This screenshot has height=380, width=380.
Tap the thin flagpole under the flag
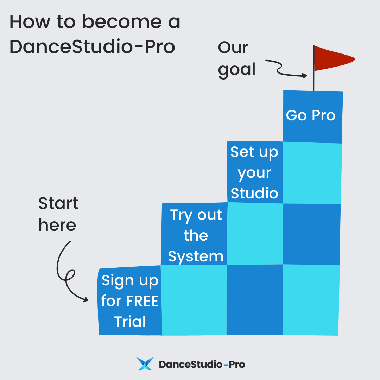[x=313, y=81]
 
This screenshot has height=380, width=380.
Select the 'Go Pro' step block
[x=312, y=116]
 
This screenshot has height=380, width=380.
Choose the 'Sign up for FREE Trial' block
[x=129, y=301]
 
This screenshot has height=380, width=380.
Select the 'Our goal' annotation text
[x=236, y=58]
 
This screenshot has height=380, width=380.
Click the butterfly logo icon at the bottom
[x=145, y=364]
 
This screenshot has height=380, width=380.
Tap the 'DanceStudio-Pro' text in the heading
[x=92, y=46]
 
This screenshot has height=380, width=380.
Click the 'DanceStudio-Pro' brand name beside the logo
[x=202, y=364]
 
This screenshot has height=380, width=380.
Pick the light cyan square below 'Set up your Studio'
[x=255, y=233]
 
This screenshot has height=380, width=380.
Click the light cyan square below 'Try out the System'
[x=194, y=299]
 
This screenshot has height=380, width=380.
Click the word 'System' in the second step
[x=196, y=256]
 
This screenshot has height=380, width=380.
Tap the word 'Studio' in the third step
[x=254, y=193]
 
